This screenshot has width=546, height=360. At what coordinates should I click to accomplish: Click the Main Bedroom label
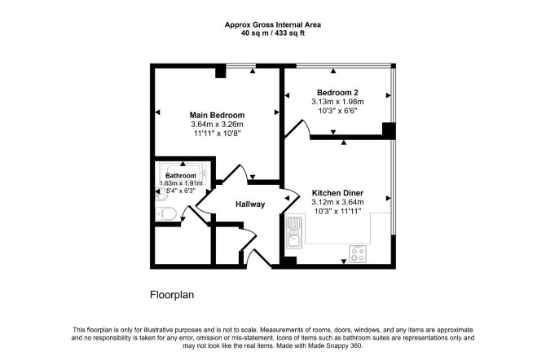coord(217,115)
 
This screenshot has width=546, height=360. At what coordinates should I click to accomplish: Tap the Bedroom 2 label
coord(337,93)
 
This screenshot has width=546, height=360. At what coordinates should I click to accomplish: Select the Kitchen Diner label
coord(337,193)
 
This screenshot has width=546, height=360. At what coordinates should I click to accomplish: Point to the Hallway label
coord(250,204)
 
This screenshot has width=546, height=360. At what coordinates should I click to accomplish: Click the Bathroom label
coord(181,176)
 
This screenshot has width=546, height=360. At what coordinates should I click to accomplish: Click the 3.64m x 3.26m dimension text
coord(217,125)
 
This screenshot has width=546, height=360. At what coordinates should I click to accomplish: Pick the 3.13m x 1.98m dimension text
coord(337,102)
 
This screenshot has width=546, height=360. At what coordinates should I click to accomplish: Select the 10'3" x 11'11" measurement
coord(337,211)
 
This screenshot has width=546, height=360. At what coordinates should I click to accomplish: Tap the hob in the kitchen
coord(358,254)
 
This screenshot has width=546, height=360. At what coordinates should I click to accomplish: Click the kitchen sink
coord(294,232)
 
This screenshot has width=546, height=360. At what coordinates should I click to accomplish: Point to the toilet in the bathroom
coord(165,213)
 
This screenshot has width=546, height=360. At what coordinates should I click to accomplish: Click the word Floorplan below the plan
coord(172,295)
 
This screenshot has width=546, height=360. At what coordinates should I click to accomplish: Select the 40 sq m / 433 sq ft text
coord(273,33)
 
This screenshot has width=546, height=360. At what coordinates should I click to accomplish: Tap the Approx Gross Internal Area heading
coord(273,24)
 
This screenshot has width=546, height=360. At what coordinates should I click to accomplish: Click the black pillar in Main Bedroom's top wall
coord(220,72)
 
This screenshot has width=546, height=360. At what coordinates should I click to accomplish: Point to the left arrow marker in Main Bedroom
coord(157,112)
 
